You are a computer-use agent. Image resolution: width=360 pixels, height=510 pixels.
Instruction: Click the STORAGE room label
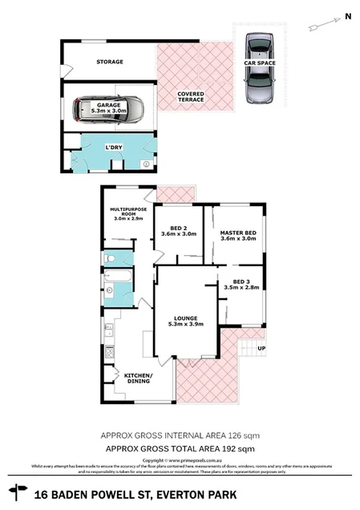[110, 62]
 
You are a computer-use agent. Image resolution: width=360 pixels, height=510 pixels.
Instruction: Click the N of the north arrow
[348, 15]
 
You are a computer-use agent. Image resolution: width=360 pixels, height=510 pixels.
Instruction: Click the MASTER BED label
[237, 233]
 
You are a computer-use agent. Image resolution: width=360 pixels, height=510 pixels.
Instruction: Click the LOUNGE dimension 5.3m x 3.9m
[185, 324]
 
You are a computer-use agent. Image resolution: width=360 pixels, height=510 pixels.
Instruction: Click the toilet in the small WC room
[111, 259]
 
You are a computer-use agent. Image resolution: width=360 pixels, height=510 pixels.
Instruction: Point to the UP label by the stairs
[260, 349]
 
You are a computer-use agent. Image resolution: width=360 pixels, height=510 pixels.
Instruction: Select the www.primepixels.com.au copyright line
[180, 461]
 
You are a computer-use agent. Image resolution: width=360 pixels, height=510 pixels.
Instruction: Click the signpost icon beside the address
[14, 488]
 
